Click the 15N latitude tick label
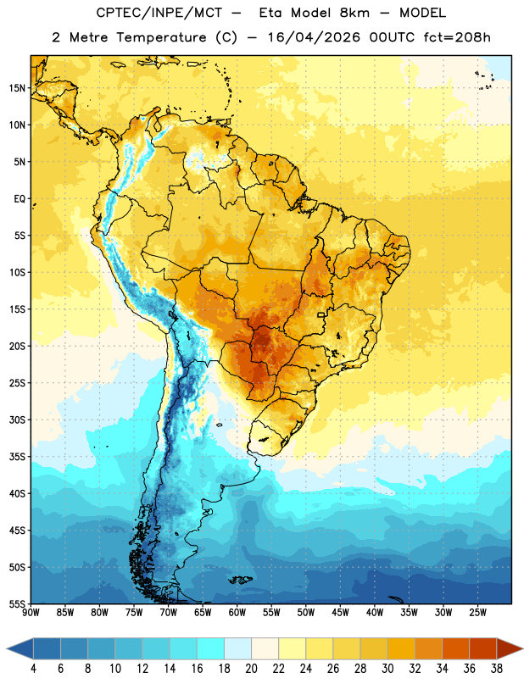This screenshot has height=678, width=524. pos(17,88)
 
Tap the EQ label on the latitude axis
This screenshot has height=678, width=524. pos(20,199)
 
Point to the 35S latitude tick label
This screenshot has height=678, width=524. pos(17,457)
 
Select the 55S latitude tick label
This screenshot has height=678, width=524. pos(17,603)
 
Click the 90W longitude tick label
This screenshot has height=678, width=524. pos(31,613)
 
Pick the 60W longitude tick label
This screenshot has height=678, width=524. pos(237,613)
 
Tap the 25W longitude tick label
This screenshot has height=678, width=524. pos(477,613)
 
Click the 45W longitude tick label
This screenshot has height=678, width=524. pos(340,613)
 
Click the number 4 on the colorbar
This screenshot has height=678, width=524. pos(33,669)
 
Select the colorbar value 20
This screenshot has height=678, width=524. pos(251,669)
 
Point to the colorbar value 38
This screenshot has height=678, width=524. pos(497,669)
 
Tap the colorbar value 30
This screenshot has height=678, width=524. pos(387,669)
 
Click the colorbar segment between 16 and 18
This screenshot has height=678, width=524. pos(210,649)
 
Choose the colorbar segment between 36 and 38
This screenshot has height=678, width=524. pos(483,649)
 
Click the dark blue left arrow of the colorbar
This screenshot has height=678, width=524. pos(20,649)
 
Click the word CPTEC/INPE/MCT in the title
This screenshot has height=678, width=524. pos(159,13)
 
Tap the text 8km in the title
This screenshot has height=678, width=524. pos(354,13)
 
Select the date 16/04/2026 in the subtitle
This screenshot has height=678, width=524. pos(314,37)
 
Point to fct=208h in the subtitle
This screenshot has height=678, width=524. pos(457,37)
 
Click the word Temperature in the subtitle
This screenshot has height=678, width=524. pos(161,38)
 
